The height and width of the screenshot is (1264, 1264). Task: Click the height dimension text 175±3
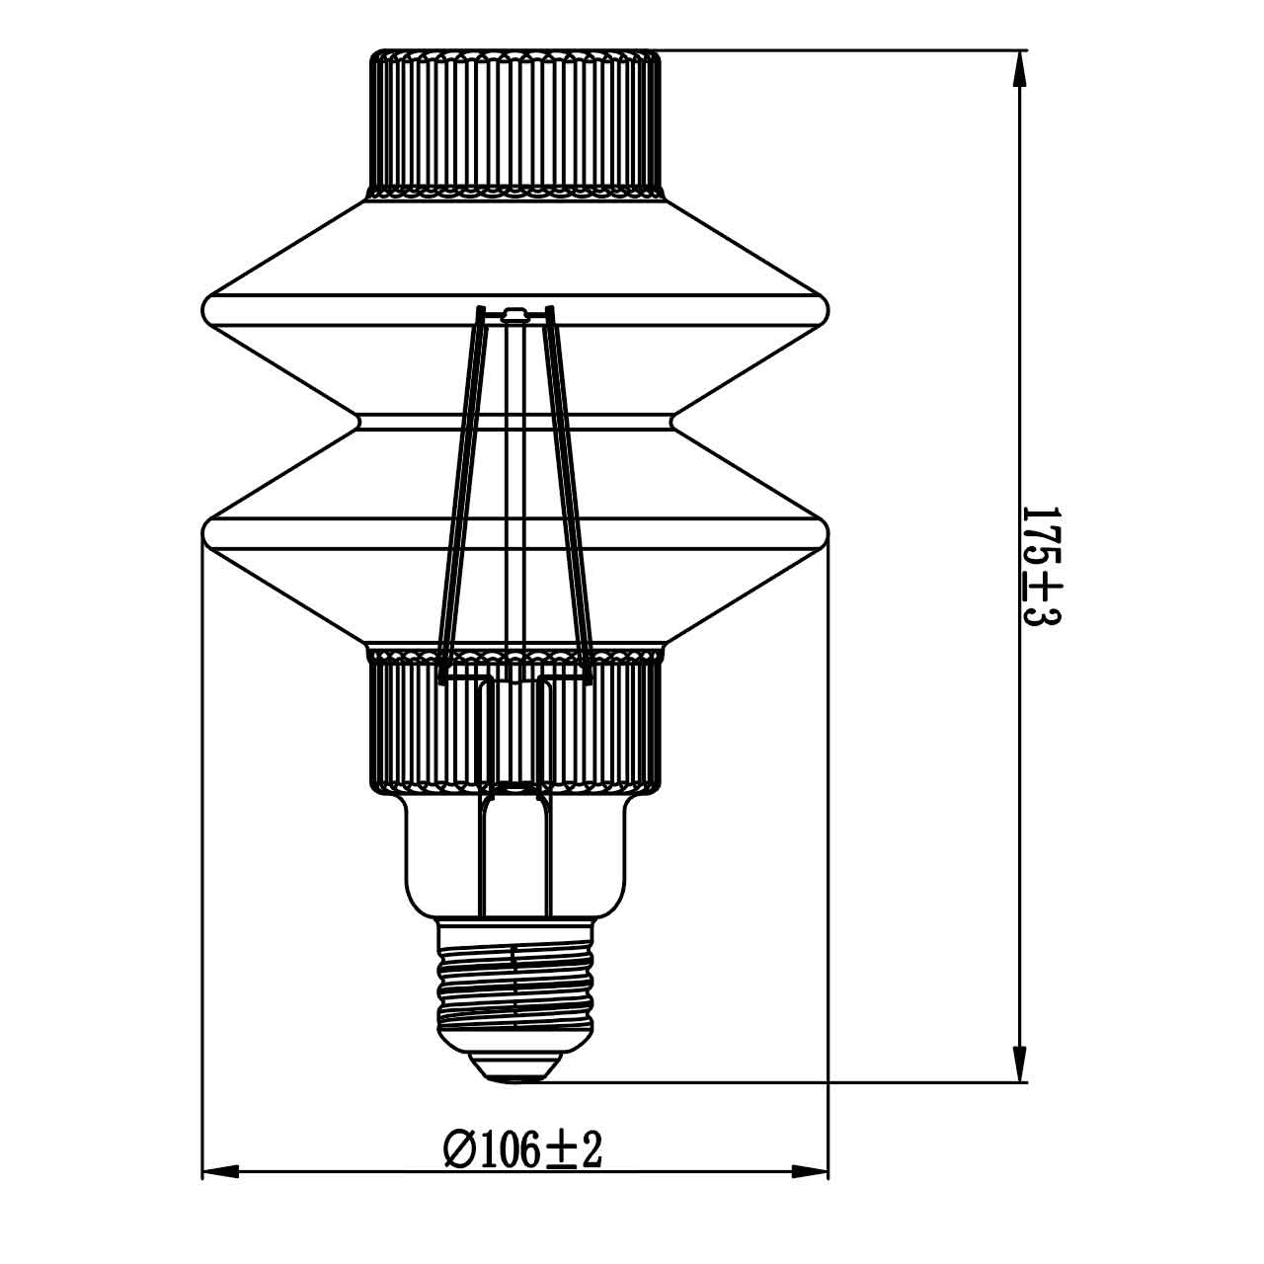click(x=1040, y=567)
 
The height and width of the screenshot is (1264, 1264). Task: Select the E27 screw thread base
click(x=515, y=983)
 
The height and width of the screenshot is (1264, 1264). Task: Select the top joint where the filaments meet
click(x=513, y=316)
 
